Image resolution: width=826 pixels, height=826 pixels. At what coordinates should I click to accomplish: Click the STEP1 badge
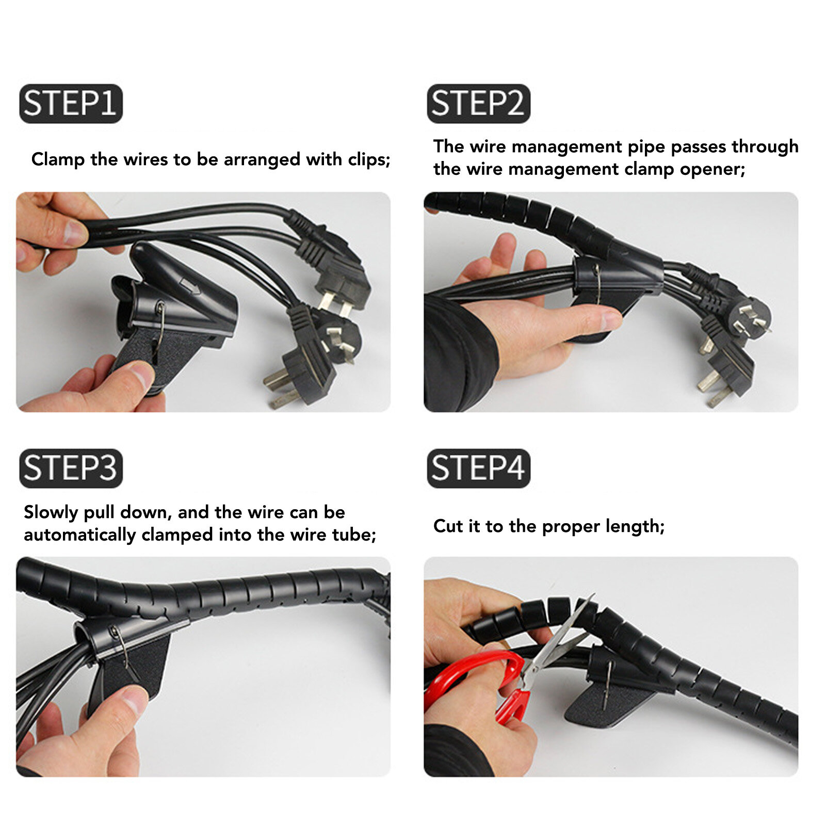pos(71,104)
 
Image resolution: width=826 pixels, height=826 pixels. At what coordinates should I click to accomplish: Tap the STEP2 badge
pos(478,104)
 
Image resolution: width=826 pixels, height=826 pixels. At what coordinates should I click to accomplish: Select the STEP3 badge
pos(71,468)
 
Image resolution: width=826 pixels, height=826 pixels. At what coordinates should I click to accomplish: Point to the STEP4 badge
pos(478,468)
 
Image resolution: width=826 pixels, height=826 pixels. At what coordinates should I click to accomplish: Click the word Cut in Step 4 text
pos(449,526)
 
